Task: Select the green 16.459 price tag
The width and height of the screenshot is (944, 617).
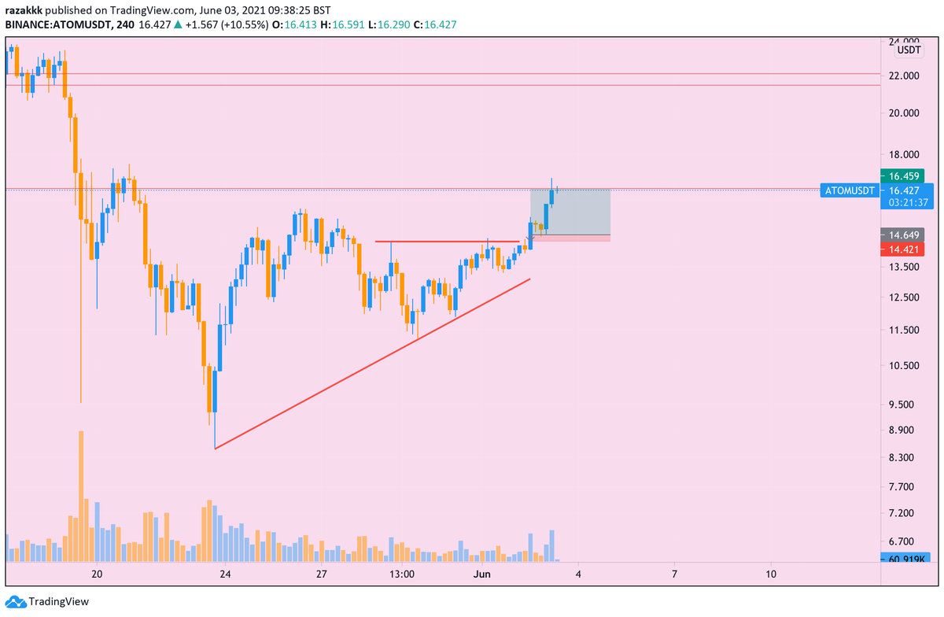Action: tap(902, 175)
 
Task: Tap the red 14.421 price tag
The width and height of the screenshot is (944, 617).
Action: tap(902, 249)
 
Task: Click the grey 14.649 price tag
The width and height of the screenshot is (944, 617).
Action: tap(902, 235)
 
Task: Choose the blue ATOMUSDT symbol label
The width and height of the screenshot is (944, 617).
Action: tap(848, 190)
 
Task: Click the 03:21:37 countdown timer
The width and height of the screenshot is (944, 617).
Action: tap(906, 202)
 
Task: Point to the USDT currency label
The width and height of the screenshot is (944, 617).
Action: tap(909, 50)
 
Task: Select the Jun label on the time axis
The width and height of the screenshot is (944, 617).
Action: tap(482, 574)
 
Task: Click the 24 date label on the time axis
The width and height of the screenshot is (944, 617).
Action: tap(226, 574)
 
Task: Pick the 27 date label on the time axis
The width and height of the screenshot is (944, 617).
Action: tap(322, 574)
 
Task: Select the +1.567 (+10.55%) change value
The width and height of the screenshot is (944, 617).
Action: tap(225, 25)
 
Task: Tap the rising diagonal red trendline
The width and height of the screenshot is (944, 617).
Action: tap(370, 364)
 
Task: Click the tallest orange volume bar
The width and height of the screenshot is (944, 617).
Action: tap(81, 496)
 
